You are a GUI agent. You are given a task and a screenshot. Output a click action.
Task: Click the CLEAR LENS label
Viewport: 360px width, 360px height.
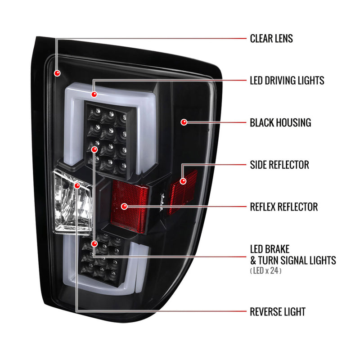271,39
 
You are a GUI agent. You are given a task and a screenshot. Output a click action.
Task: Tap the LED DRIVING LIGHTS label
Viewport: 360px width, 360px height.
287,81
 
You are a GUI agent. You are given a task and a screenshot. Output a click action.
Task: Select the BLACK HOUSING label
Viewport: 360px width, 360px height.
280,122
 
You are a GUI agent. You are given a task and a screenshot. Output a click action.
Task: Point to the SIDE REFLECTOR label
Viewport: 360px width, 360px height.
279,165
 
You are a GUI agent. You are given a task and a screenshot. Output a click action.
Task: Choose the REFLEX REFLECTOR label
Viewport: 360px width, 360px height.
284,207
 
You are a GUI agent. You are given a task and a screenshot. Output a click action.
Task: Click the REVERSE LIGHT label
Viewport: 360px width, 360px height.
278,312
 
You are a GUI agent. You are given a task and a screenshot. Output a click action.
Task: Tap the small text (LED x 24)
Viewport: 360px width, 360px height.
265,270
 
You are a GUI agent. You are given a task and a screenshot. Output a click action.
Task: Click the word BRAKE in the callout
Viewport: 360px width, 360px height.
278,249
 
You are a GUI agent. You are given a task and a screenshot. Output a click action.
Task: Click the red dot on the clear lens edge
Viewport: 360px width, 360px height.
57,73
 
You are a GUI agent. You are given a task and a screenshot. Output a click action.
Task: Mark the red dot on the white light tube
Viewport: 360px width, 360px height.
94,94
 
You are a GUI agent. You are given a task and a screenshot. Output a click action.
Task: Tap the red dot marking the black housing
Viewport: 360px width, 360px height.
184,122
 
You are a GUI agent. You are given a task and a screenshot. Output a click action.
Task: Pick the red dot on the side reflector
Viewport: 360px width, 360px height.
183,181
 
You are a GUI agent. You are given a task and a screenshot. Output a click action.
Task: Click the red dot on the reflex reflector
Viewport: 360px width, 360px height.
124,207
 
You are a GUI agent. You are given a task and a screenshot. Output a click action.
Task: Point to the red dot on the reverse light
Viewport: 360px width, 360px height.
77,185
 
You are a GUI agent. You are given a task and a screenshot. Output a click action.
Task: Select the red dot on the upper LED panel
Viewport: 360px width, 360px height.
94,149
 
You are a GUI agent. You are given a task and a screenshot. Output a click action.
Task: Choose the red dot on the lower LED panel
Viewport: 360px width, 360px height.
94,243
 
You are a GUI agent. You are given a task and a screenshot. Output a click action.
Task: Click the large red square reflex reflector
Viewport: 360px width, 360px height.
130,207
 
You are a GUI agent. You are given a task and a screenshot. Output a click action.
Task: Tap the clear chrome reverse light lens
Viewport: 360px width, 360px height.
72,202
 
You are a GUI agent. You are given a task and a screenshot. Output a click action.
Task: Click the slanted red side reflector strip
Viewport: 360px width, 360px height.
183,192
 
